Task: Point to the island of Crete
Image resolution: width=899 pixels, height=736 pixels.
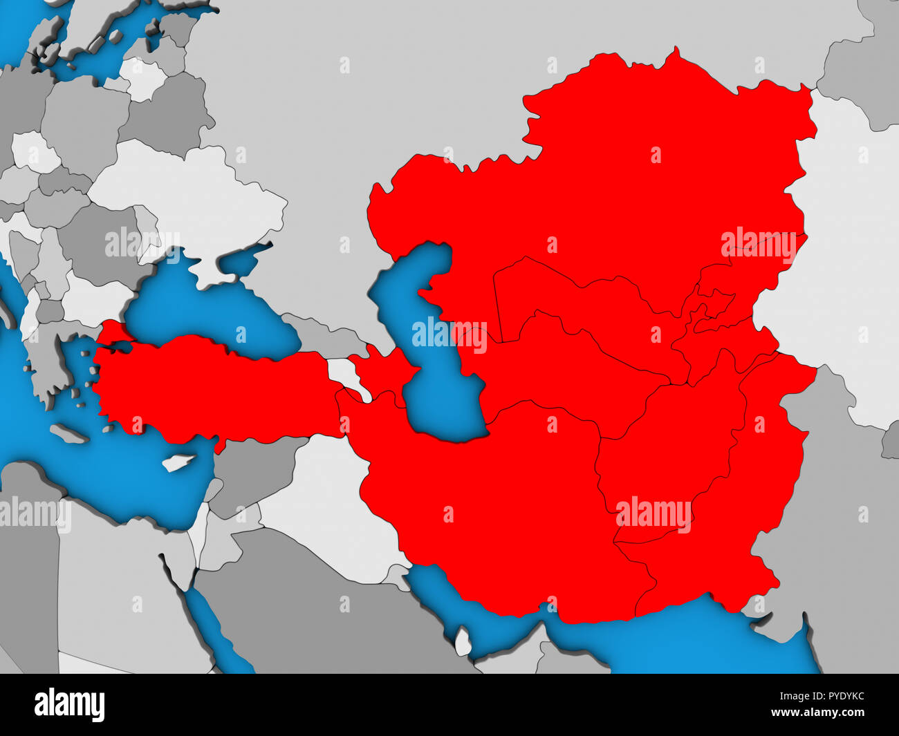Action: [x=69, y=434]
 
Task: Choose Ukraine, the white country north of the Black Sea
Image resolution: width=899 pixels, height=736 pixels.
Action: [x=187, y=200]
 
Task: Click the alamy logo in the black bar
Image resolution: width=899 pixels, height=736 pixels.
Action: [x=70, y=705]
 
